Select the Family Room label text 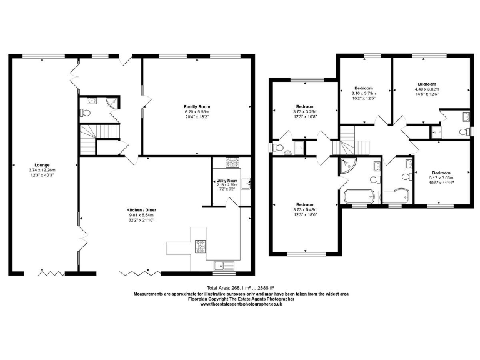coord(197,107)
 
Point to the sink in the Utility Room coord(247,182)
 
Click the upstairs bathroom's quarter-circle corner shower coord(347,164)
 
